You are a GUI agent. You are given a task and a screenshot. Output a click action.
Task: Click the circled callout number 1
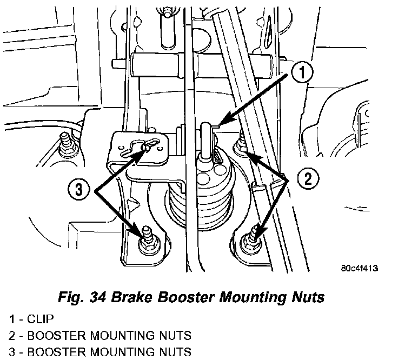point(302,73)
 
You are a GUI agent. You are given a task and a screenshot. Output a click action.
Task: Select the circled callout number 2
point(308,179)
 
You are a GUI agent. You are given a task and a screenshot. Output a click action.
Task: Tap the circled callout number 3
point(79,189)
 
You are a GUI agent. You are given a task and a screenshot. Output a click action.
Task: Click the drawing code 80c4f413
point(360,268)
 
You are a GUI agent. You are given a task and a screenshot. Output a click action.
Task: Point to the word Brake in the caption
point(131,297)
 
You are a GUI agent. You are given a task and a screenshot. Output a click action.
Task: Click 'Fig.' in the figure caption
point(71,297)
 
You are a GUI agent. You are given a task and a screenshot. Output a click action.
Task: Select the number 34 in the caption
point(98,297)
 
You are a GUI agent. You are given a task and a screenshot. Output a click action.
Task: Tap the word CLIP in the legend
point(41,319)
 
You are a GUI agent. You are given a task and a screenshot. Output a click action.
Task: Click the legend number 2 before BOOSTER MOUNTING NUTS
point(12,336)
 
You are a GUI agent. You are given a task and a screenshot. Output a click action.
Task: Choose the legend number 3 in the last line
point(12,352)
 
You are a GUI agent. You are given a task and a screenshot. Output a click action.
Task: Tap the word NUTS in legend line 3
point(175,352)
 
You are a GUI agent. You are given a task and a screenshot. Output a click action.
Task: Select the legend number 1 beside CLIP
point(12,319)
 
